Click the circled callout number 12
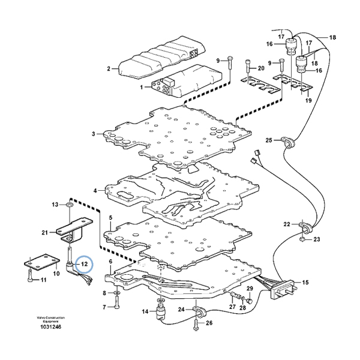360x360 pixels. [85, 264]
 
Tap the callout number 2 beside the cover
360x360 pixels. [109, 68]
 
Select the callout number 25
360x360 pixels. [269, 140]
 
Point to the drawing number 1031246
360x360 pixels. [51, 327]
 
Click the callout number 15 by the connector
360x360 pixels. [305, 282]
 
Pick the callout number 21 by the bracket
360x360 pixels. [45, 233]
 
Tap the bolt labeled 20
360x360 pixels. [247, 66]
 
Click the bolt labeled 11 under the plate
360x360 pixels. [31, 276]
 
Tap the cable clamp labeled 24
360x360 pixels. [199, 310]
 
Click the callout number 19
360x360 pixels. [308, 100]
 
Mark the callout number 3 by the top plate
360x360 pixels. [93, 134]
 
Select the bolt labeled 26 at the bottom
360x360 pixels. [196, 325]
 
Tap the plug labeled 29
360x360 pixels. [249, 301]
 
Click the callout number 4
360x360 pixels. [95, 190]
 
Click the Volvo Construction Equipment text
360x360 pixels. [51, 319]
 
